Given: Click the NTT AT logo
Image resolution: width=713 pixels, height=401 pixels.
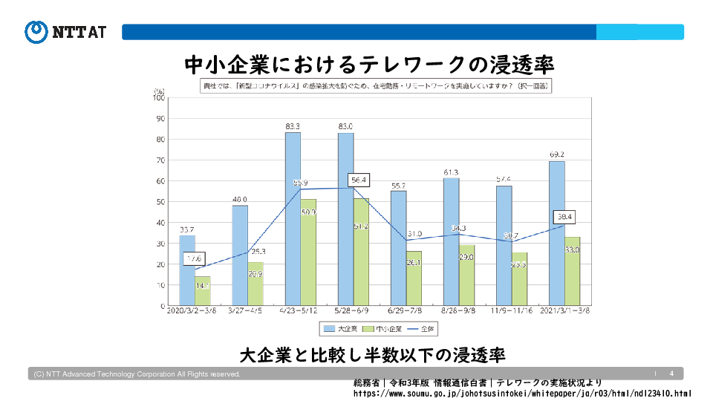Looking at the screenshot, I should (65, 31).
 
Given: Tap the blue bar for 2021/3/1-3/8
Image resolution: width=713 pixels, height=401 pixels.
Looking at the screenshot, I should (557, 233).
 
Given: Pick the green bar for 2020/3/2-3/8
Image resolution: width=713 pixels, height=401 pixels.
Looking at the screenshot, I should (202, 291).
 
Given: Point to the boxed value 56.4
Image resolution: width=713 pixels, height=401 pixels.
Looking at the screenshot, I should (358, 180).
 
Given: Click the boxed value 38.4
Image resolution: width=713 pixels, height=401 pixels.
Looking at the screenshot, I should (564, 218).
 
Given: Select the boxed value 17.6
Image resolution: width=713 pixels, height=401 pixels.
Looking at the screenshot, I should (194, 258).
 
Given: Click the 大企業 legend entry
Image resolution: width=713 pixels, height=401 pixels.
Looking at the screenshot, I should (340, 327).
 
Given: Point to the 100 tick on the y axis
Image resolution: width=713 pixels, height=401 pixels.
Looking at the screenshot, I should (159, 97).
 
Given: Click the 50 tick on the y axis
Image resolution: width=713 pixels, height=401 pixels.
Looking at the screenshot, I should (160, 201).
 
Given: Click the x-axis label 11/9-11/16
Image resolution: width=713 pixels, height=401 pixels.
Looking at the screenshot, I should (512, 312).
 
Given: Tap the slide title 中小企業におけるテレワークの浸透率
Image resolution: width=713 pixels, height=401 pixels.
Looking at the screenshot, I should (369, 65).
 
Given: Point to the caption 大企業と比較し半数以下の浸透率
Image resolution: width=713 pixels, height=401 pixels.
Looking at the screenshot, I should (372, 354).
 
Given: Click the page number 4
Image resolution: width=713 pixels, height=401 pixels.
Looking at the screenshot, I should (671, 373).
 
